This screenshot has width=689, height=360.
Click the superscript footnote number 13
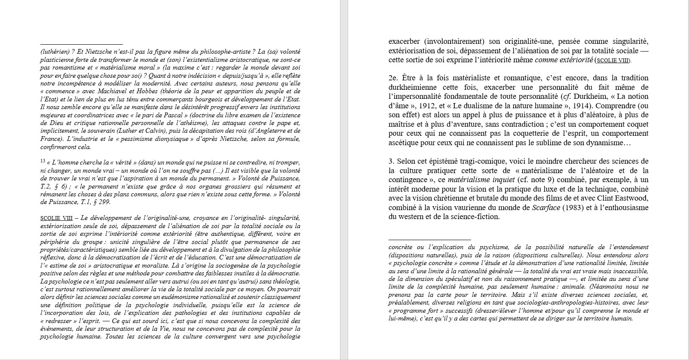(x=43, y=162)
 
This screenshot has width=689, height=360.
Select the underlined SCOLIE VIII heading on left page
(x=56, y=218)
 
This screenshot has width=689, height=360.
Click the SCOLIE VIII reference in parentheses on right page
(x=612, y=61)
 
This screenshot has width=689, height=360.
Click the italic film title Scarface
(x=546, y=207)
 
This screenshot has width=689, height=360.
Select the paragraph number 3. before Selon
(x=391, y=161)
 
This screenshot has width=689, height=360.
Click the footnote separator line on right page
(x=429, y=240)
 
